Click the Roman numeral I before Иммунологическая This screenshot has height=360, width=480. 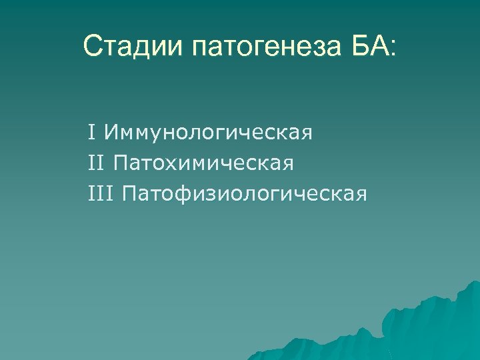pyautogui.click(x=91, y=131)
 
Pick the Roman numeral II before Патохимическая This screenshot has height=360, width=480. pyautogui.click(x=96, y=162)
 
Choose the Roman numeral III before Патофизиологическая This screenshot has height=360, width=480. pyautogui.click(x=101, y=193)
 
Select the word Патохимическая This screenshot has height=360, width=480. pyautogui.click(x=204, y=163)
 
